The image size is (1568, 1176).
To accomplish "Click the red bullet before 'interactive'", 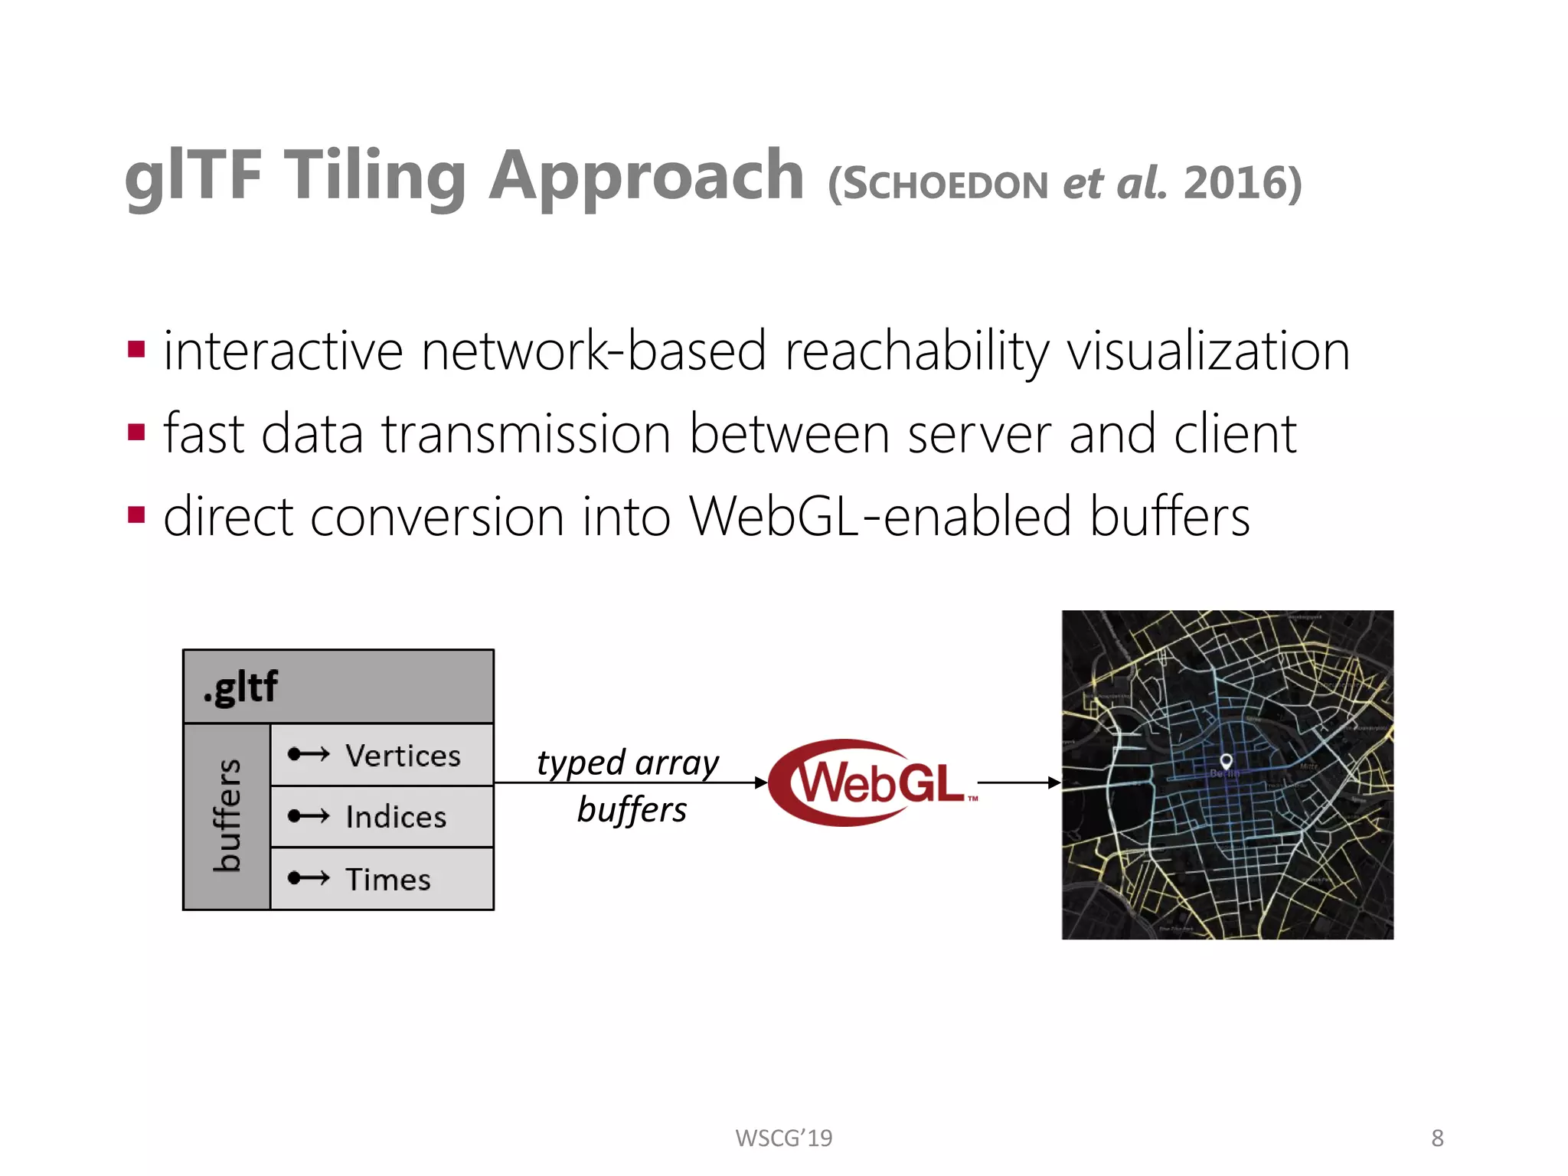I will tap(137, 350).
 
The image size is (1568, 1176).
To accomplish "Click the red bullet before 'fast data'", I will tap(137, 433).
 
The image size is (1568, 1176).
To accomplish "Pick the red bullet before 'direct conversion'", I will tap(137, 514).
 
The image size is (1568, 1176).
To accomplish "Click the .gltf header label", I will tap(240, 687).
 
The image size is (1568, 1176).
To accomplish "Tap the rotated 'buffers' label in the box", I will tap(227, 815).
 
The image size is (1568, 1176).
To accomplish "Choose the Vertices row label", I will tap(403, 756).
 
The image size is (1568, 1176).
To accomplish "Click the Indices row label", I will tap(396, 817).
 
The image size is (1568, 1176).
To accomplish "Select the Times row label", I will tap(388, 879).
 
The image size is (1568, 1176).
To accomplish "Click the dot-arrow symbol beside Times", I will tap(309, 877).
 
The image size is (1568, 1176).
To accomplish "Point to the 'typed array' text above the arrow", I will tap(628, 763).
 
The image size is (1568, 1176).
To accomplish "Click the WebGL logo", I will tap(873, 782).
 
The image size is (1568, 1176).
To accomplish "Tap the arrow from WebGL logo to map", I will tap(1018, 782).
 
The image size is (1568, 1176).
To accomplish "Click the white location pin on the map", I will tap(1226, 761).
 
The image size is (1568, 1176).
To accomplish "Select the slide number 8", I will tap(1437, 1138).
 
